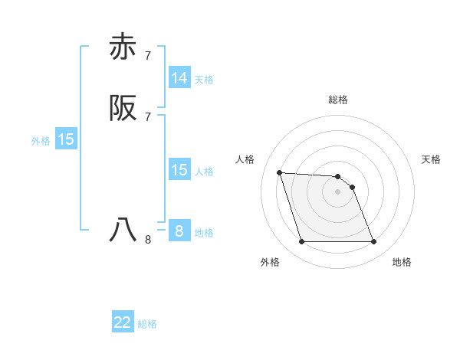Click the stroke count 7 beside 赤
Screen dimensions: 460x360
[x=148, y=55]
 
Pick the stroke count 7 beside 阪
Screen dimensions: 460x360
[x=148, y=116]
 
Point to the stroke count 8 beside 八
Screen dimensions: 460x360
[x=148, y=239]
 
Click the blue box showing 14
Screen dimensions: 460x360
[x=179, y=78]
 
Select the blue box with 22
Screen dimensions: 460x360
[x=123, y=322]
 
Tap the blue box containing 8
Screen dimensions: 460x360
[x=179, y=231]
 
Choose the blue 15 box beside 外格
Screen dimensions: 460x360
[x=66, y=139]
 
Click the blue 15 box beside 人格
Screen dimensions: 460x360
[x=179, y=170]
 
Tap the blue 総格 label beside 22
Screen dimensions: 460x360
[x=147, y=324]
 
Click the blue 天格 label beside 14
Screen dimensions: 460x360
[x=204, y=80]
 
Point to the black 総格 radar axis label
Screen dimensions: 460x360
[x=337, y=100]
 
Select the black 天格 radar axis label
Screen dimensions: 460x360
[x=432, y=159]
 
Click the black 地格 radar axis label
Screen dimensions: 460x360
[x=402, y=263]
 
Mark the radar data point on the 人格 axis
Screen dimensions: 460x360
[x=279, y=172]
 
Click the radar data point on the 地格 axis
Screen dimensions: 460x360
[x=373, y=242]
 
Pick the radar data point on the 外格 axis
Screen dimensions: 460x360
[x=301, y=242]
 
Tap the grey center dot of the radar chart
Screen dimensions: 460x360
[x=337, y=191]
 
